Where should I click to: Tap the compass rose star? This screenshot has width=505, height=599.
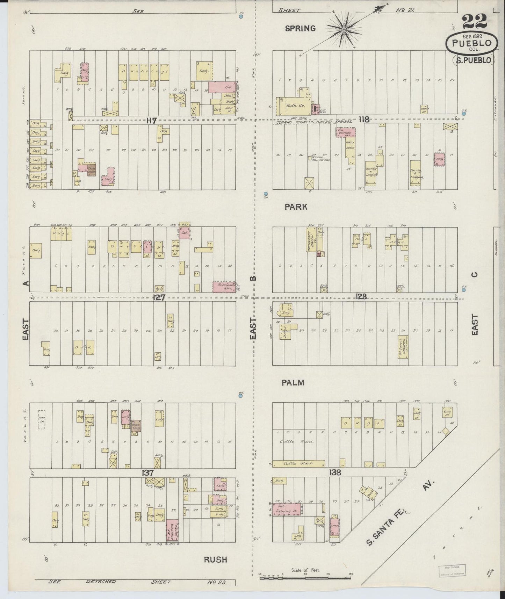click(x=344, y=31)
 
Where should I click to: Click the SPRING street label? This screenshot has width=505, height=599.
click(x=300, y=29)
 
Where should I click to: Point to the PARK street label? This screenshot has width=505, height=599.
click(x=296, y=207)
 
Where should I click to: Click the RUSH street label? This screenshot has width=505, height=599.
click(x=215, y=560)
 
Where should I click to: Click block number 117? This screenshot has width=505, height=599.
click(x=151, y=121)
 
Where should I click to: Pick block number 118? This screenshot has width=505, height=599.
click(x=364, y=120)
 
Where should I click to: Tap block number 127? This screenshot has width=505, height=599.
click(x=159, y=297)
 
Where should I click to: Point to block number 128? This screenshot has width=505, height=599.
click(x=361, y=296)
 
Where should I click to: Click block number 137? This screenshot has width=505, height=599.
click(x=147, y=473)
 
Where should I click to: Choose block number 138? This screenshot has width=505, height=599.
click(x=334, y=472)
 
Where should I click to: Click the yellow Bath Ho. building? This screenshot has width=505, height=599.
click(x=291, y=106)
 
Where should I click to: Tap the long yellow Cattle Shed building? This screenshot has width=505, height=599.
click(x=299, y=463)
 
